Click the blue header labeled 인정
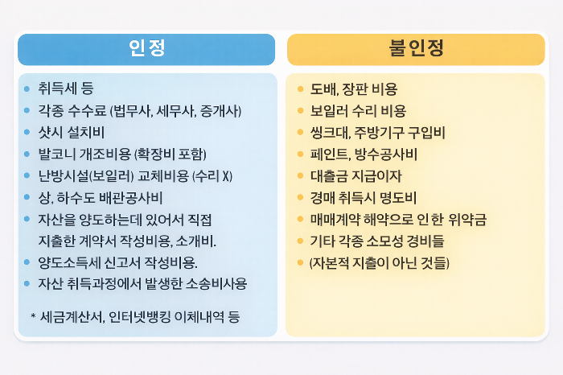pos(146,48)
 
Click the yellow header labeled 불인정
pos(417,48)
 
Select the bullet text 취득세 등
pos(66,89)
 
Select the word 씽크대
pos(329,132)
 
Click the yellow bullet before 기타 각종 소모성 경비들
pos(300,241)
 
